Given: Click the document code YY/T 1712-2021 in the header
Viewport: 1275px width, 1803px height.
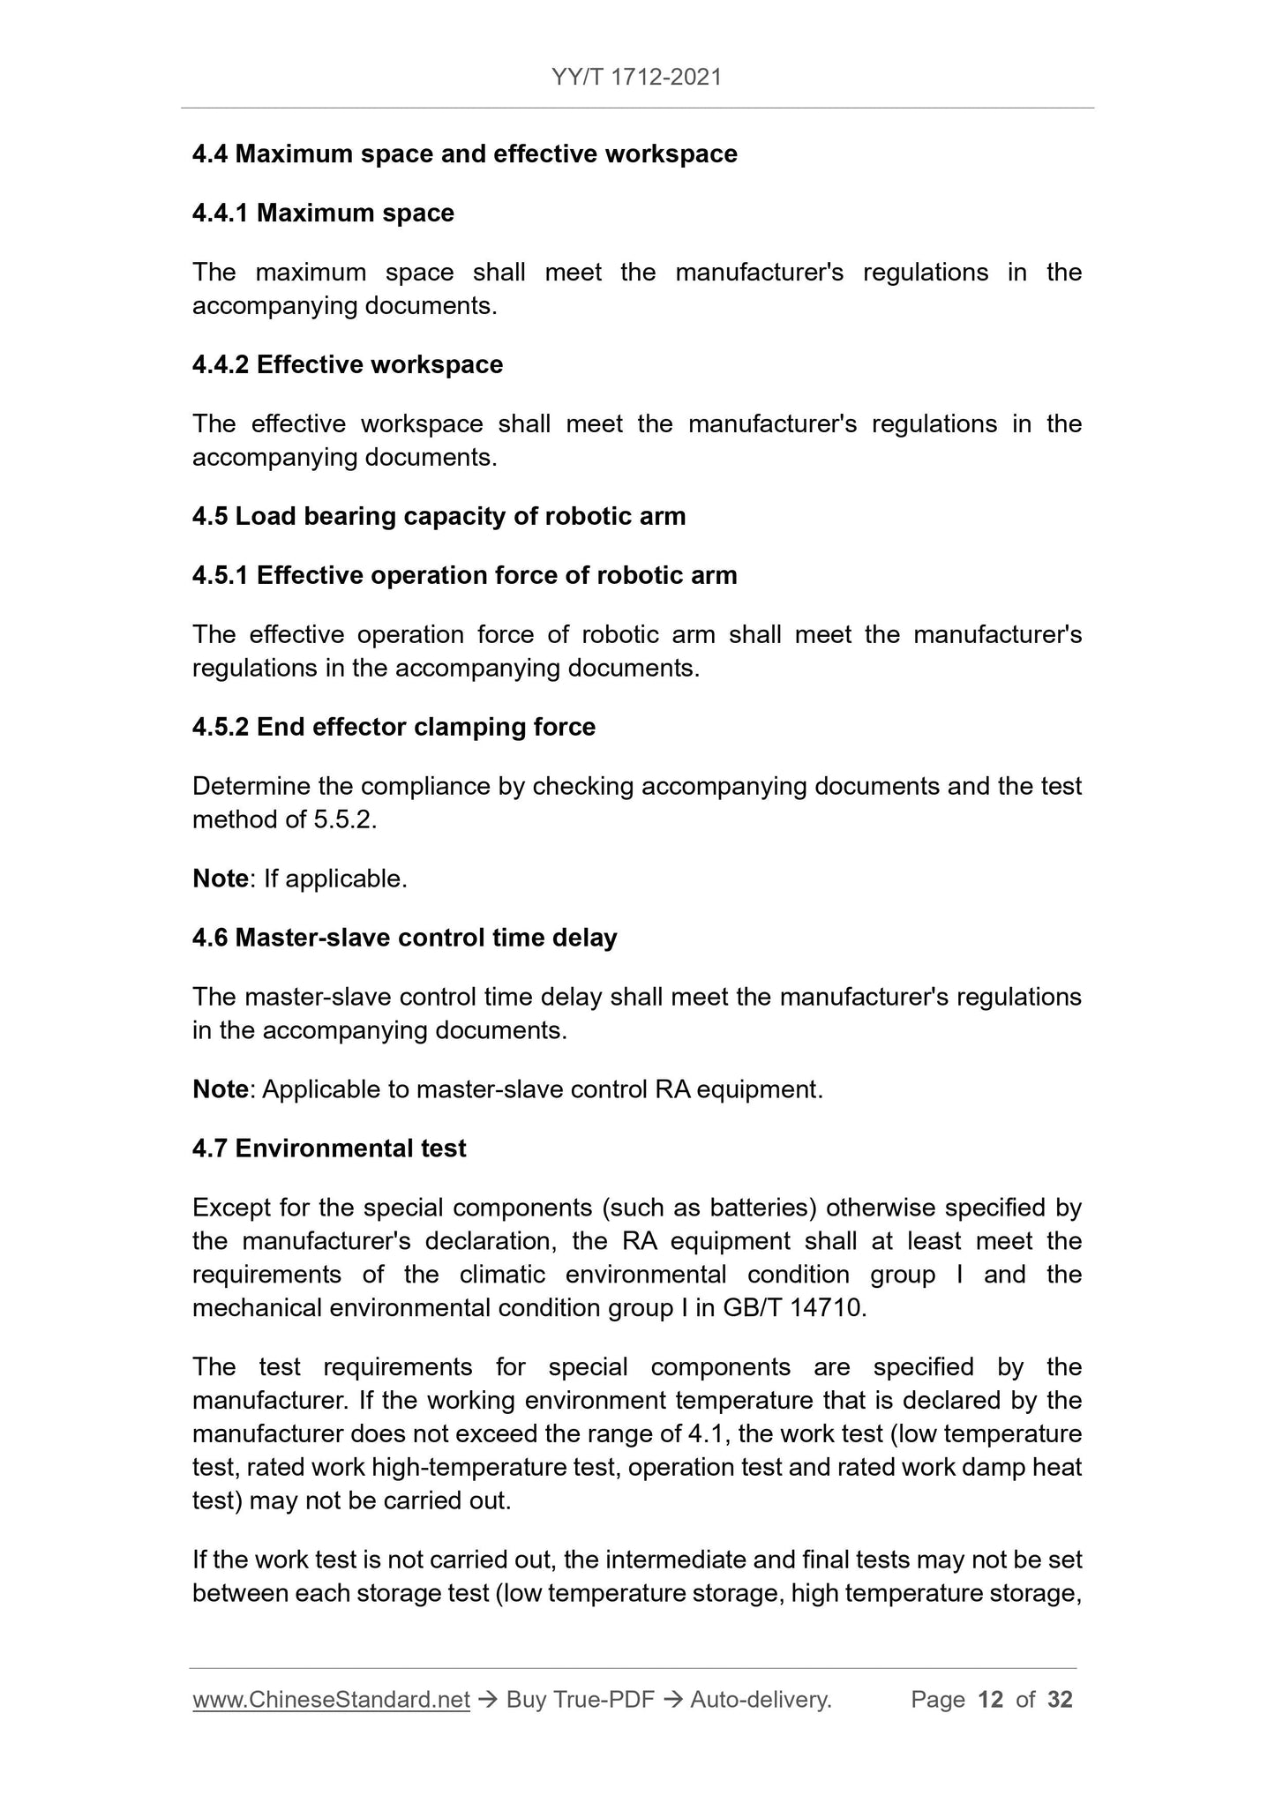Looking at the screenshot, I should pos(636,78).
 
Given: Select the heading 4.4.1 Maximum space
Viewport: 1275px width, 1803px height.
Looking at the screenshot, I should pos(323,213).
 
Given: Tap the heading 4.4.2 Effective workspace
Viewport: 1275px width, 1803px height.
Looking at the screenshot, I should pos(348,365).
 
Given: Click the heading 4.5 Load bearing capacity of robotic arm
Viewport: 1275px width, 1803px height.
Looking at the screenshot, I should pos(439,517).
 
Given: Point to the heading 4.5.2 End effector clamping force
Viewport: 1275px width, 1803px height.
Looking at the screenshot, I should pos(394,728).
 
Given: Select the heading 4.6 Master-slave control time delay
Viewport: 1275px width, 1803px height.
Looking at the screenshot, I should pos(404,938).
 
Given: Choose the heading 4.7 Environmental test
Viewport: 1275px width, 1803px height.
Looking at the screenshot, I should pos(329,1148).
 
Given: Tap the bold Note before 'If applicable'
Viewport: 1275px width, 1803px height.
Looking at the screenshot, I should pos(220,879).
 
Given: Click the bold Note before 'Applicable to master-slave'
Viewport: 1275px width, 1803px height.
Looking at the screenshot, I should pos(220,1090).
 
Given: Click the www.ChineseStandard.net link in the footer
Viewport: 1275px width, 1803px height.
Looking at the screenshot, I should pos(331,1700).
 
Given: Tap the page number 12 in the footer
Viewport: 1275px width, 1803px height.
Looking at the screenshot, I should pos(991,1700).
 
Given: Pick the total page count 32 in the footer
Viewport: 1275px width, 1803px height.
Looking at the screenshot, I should pos(1060,1700).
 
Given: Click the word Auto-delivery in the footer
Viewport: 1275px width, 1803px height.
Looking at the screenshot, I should pos(761,1700).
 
